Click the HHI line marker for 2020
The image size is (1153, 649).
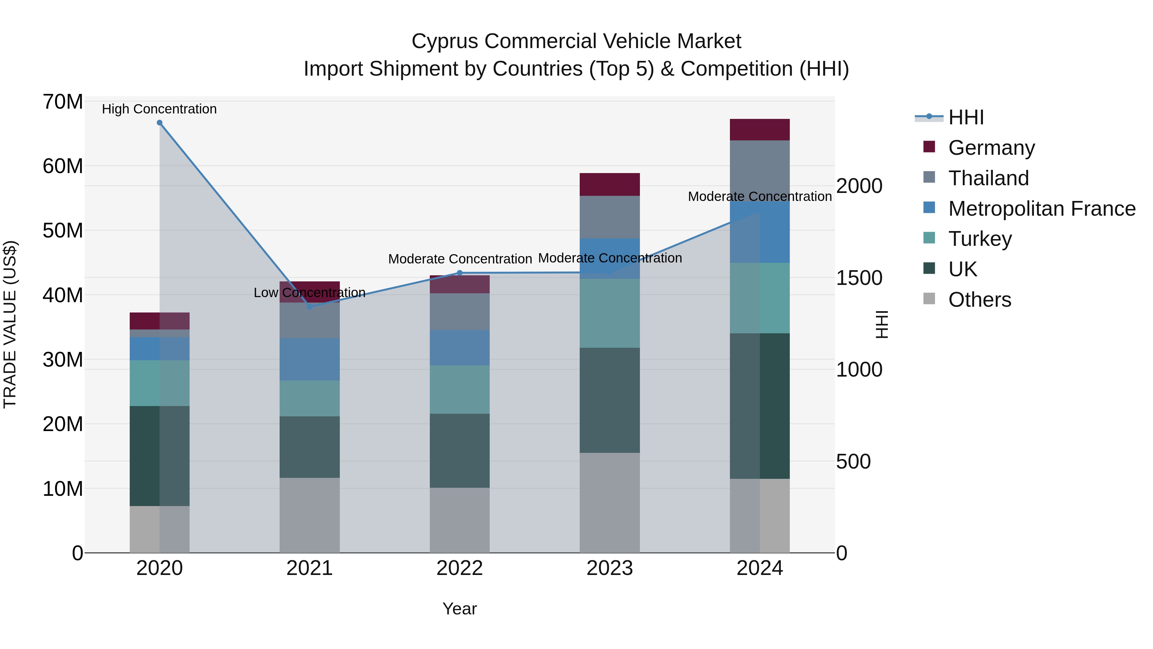point(159,123)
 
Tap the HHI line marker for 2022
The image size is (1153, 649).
point(459,273)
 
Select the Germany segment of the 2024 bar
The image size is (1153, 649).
point(760,130)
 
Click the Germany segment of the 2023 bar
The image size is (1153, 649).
point(609,185)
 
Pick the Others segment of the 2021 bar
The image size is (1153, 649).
point(309,515)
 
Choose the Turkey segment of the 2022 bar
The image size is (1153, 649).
point(459,389)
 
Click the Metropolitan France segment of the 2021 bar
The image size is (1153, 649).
point(309,359)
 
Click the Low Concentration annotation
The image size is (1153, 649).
point(309,293)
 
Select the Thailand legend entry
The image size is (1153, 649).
point(988,178)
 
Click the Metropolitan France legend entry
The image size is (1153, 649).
point(1042,209)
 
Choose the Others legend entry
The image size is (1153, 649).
point(979,300)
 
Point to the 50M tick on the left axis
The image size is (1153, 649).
point(63,231)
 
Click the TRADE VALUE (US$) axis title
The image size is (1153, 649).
point(10,324)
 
